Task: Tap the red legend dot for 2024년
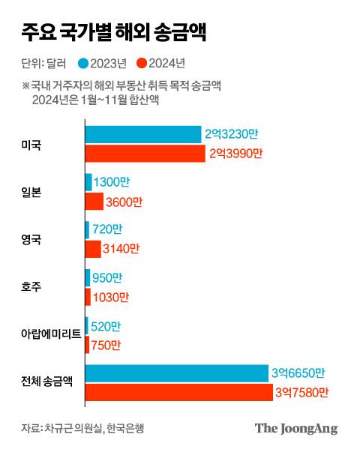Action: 142,63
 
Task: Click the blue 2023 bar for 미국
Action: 142,134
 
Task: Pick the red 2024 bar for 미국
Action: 145,154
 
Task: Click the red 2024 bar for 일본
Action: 94,202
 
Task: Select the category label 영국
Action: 32,240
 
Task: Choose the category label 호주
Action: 32,287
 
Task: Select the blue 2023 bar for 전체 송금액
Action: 176,373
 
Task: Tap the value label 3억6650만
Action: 298,373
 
